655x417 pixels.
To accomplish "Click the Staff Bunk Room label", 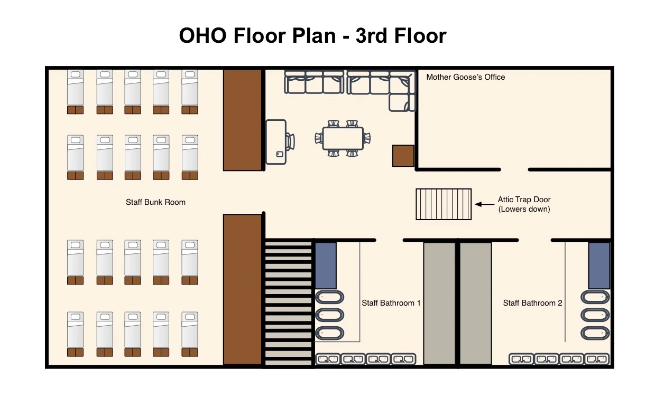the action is [x=155, y=202].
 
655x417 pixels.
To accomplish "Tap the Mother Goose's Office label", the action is [x=466, y=77].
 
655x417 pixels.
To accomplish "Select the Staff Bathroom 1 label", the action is [x=391, y=303].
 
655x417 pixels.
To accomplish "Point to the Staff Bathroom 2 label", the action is [x=532, y=303].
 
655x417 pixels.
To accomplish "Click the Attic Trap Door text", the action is [x=524, y=200].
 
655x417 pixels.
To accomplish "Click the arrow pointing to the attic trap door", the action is [x=485, y=204].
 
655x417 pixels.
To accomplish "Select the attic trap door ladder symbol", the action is [x=444, y=204].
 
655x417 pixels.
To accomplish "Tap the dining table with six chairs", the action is [x=343, y=138].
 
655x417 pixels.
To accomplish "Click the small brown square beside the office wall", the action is [x=403, y=156].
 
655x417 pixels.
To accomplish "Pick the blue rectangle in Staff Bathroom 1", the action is [x=326, y=266].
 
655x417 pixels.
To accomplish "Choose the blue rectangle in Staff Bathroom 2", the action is [x=599, y=266].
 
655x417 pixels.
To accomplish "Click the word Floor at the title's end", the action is [x=420, y=35].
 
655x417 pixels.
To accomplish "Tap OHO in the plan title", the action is [x=202, y=35].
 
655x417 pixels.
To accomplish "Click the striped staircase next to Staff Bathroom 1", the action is [x=288, y=302].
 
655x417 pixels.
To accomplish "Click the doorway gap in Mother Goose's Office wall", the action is [x=514, y=169].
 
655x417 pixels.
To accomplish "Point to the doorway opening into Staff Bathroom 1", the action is [x=390, y=240].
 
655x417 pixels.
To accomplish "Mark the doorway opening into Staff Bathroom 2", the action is [x=535, y=240].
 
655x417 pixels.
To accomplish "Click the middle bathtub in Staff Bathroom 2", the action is [x=595, y=315].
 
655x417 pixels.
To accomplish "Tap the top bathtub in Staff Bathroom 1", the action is [x=329, y=297].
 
